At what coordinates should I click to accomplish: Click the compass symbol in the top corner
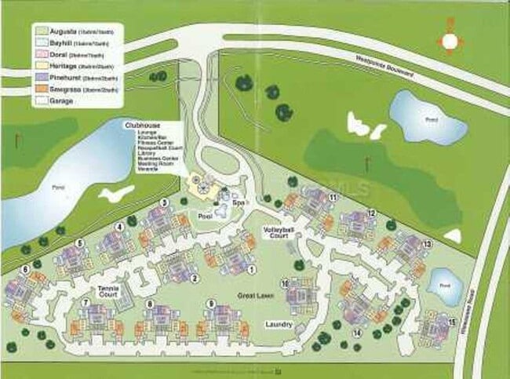(x=450, y=41)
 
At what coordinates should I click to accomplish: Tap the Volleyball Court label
(x=276, y=233)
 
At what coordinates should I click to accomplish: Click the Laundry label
(x=279, y=324)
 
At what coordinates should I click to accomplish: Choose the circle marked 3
(x=164, y=202)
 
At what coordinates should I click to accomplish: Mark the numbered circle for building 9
(x=211, y=303)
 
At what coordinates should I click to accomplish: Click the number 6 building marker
(x=26, y=269)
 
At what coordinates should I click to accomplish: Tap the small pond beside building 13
(x=446, y=286)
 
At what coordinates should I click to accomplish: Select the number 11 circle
(x=333, y=197)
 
